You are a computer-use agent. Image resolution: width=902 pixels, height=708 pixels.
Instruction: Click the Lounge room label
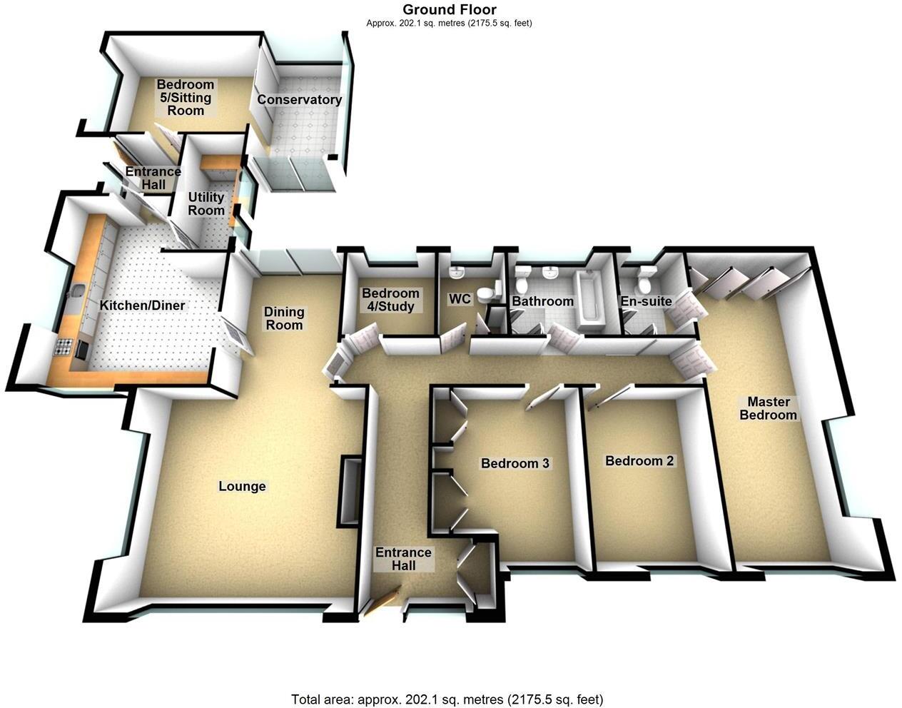[242, 487]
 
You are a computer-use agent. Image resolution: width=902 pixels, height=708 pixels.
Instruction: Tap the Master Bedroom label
[768, 408]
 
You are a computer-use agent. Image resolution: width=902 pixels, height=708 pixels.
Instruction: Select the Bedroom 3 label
[515, 463]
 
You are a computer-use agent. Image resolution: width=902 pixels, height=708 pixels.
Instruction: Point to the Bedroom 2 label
[639, 461]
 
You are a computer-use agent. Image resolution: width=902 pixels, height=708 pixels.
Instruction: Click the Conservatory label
[299, 100]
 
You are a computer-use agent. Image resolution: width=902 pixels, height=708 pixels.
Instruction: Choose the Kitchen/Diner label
[142, 305]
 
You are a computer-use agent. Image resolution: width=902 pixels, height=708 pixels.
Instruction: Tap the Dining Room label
[284, 318]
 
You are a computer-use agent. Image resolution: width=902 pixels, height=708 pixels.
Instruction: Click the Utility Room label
[206, 203]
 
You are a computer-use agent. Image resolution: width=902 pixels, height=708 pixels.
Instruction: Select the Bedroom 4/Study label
[390, 300]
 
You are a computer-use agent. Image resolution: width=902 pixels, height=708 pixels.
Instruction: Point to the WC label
[460, 299]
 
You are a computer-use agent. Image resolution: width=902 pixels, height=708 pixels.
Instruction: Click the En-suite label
[646, 301]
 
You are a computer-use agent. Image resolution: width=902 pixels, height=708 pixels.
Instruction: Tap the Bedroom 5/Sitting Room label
[186, 98]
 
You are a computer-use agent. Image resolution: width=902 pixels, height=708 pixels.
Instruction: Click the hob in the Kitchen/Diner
[64, 349]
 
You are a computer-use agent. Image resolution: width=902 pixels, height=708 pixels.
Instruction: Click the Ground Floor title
[450, 9]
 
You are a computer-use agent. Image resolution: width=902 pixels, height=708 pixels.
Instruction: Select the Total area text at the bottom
[447, 699]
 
